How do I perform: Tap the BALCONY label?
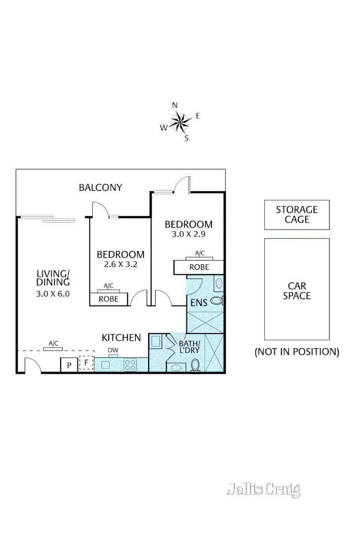[x=100, y=187]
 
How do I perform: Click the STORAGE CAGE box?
[x=297, y=214]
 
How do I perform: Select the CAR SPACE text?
[x=297, y=291]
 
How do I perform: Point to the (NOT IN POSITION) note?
[x=297, y=352]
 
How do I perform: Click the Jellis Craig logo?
[x=263, y=489]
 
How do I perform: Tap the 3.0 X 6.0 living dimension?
[x=53, y=293]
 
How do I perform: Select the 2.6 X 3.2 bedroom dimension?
[x=120, y=264]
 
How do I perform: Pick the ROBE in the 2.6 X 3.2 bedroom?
[x=108, y=299]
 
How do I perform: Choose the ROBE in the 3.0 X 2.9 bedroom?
[x=199, y=267]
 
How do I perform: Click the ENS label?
[x=198, y=303]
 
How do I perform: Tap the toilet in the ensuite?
[x=217, y=301]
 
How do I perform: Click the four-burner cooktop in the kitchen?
[x=130, y=364]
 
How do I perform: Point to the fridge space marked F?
[x=86, y=363]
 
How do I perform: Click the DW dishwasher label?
[x=113, y=350]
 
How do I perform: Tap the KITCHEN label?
[x=121, y=337]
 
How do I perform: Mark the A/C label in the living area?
[x=53, y=344]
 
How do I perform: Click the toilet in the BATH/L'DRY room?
[x=196, y=365]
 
